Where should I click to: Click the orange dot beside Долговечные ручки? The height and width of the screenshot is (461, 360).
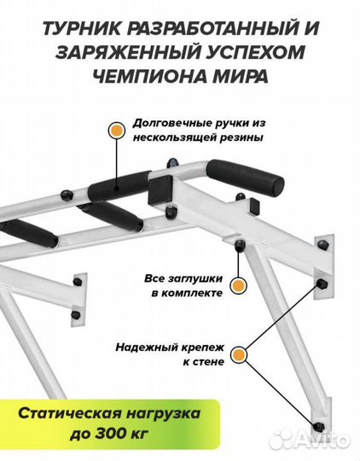click(x=114, y=131)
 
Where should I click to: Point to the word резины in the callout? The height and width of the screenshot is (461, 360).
click(x=241, y=137)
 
